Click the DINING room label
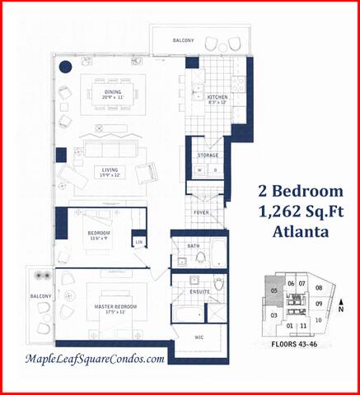[x=112, y=92]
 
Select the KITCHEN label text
[x=217, y=97]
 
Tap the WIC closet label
[x=198, y=337]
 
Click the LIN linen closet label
[x=139, y=242]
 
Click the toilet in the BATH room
[x=200, y=258]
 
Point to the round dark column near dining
[x=66, y=68]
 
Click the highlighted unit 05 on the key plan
[x=273, y=290]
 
